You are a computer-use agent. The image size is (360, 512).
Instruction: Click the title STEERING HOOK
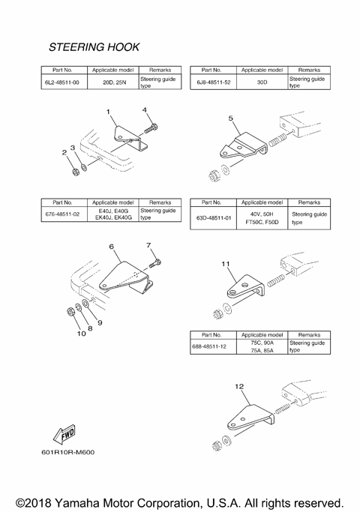(94, 46)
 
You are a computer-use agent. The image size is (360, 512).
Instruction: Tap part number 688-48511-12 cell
(214, 346)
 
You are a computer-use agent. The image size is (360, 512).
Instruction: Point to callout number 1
(108, 112)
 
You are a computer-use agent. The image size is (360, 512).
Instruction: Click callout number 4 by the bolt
(145, 110)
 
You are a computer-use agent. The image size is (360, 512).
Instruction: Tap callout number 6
(111, 246)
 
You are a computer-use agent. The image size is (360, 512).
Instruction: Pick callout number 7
(148, 245)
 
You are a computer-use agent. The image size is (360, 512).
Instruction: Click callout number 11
(226, 265)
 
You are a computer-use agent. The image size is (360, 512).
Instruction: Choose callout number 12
(239, 387)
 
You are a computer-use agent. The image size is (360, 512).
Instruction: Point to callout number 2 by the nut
(64, 153)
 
